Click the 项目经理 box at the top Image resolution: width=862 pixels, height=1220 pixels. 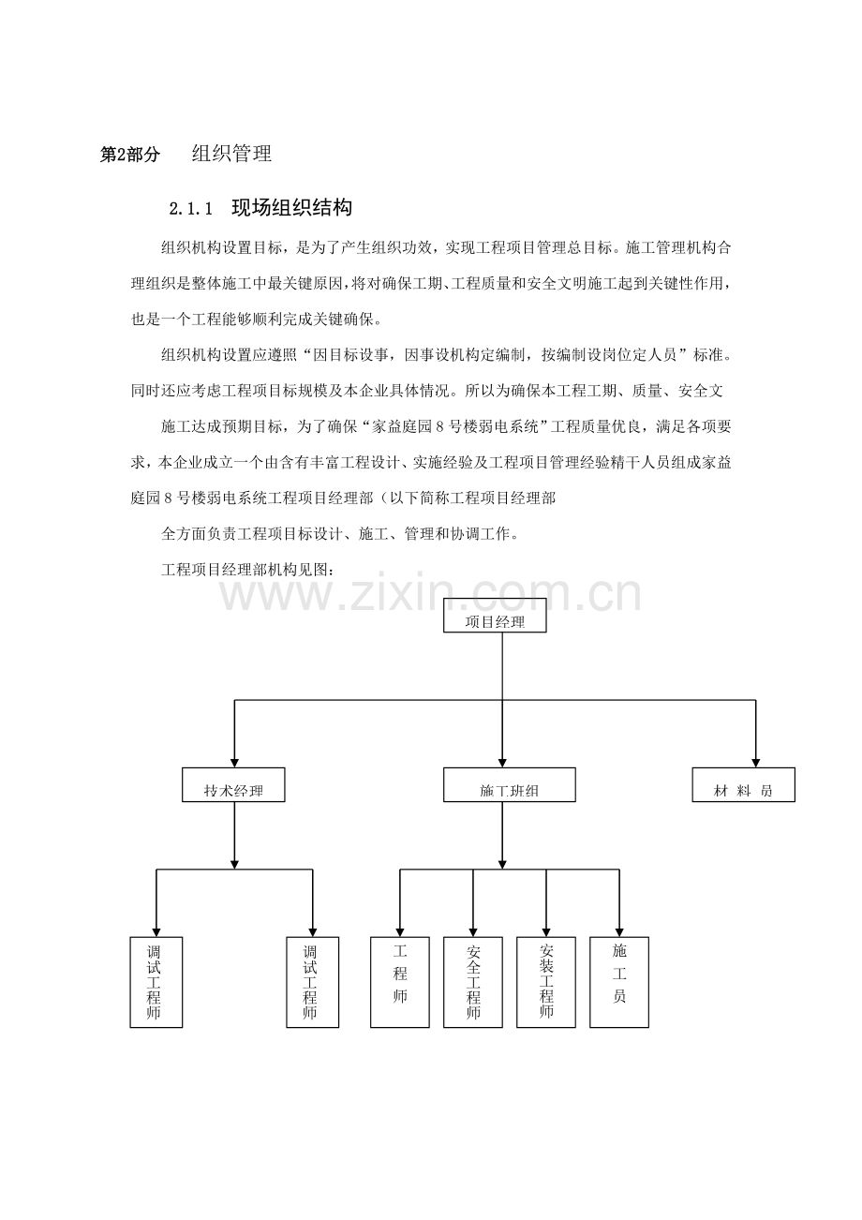[495, 615]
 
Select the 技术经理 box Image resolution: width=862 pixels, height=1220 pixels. [233, 784]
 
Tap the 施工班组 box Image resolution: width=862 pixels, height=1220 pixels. [509, 784]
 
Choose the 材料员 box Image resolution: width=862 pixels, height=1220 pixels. [743, 784]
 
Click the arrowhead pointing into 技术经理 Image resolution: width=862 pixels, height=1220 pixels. [234, 763]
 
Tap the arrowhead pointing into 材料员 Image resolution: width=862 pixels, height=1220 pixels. [756, 763]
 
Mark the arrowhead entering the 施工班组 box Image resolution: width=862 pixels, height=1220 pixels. [502, 763]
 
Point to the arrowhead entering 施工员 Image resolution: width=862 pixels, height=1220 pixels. [619, 932]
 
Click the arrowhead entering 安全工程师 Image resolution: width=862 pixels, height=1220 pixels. [472, 932]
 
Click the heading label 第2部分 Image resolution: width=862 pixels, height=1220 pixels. [129, 155]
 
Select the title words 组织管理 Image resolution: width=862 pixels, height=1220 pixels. [231, 154]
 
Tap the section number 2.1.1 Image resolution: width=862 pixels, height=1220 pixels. [190, 209]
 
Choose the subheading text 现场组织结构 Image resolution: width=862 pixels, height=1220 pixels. [292, 207]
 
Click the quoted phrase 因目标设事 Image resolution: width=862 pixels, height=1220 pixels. [350, 355]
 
